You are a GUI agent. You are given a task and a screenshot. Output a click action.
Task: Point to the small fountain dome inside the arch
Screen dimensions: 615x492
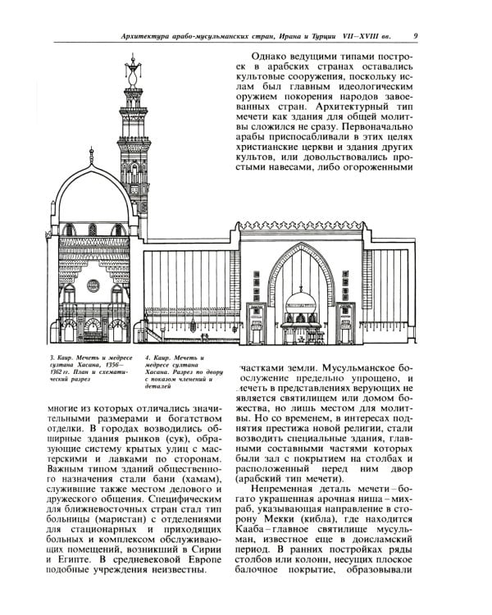click(x=301, y=294)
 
